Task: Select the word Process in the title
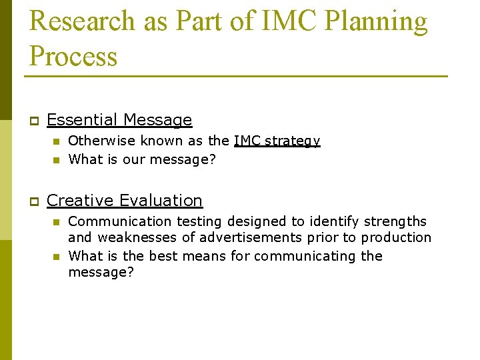[x=73, y=56]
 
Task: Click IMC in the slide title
[x=281, y=21]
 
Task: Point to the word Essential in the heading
[x=83, y=120]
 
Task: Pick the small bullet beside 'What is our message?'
[x=57, y=160]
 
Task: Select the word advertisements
[x=236, y=237]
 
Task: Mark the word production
[x=399, y=238]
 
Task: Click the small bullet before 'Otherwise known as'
[x=57, y=141]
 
